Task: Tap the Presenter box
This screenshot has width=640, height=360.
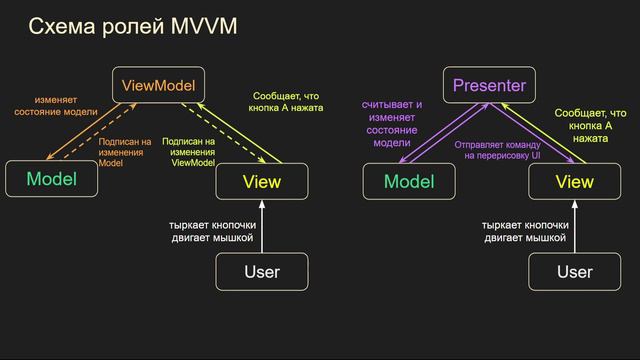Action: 488,85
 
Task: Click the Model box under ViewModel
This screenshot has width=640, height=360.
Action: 51,180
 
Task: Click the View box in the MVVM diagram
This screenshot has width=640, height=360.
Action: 262,182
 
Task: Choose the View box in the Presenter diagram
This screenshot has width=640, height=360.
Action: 574,182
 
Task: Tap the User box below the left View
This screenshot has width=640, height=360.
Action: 262,271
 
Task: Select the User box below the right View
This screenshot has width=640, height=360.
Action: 574,271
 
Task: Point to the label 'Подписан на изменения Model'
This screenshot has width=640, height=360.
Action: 125,152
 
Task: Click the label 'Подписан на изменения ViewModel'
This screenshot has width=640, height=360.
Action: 193,152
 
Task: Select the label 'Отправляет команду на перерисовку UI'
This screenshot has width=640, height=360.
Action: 496,150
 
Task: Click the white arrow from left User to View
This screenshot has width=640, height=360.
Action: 262,226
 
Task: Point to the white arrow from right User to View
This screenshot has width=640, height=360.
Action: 574,226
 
